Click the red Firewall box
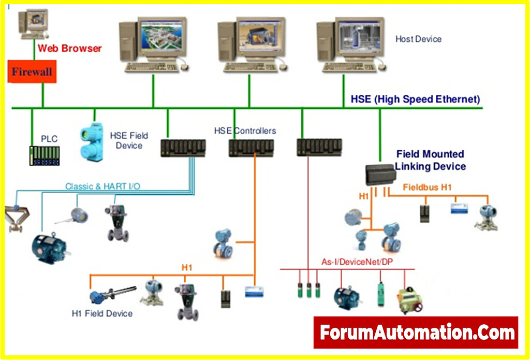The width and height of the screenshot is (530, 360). [32, 71]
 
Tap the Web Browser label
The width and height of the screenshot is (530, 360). [69, 49]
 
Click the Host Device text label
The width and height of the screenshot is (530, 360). [418, 39]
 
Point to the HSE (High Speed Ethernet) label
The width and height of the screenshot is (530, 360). [415, 99]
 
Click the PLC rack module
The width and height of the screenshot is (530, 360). [44, 155]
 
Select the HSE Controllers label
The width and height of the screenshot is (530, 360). [245, 131]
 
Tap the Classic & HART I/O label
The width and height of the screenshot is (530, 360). [102, 186]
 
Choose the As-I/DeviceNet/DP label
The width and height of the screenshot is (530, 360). [350, 263]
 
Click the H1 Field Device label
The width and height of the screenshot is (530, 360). [102, 313]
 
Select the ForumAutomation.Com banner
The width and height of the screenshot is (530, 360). [416, 332]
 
